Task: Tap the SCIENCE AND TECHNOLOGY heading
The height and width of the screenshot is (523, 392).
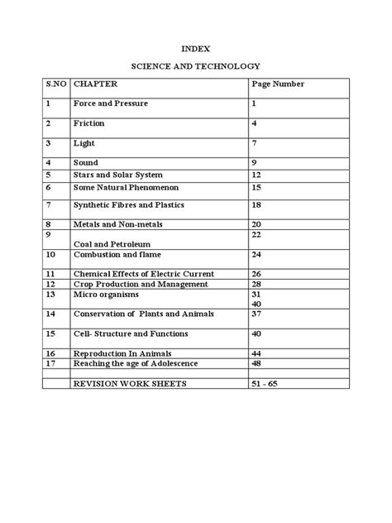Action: point(196,65)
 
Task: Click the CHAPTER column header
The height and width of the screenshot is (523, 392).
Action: point(96,84)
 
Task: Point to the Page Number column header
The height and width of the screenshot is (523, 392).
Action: point(278,84)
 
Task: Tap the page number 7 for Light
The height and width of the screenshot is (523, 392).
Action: point(255,143)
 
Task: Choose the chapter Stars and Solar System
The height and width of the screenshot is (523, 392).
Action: point(118,175)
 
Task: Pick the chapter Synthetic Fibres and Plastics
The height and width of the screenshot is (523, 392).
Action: point(129,204)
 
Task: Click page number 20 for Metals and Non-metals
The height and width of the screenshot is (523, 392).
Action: point(256,224)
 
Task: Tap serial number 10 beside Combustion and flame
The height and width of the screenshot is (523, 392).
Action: point(51,254)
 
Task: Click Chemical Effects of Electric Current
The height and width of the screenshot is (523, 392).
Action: point(144,274)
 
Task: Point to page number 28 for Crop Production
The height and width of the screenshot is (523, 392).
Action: point(256,284)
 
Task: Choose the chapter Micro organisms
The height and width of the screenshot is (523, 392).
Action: point(107,295)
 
